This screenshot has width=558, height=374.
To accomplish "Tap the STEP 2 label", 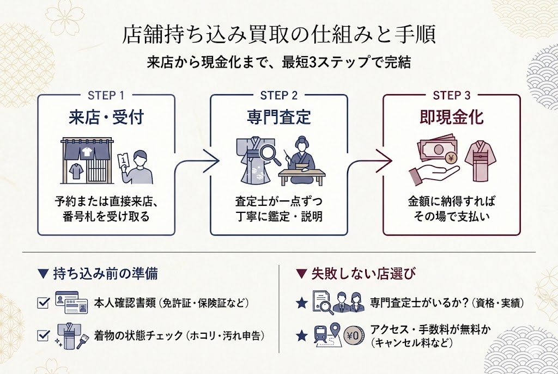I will pyautogui.click(x=278, y=95).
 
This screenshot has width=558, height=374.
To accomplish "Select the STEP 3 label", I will pyautogui.click(x=451, y=95).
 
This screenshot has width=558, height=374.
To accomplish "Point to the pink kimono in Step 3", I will pyautogui.click(x=481, y=161).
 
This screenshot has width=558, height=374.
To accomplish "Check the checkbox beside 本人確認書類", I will pyautogui.click(x=44, y=303).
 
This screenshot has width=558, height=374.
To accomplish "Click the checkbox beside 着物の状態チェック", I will pyautogui.click(x=44, y=335).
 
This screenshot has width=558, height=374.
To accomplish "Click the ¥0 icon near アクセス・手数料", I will pyautogui.click(x=355, y=336).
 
